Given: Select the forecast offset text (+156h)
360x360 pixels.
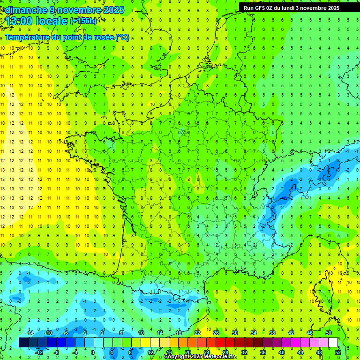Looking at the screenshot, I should [x=83, y=21].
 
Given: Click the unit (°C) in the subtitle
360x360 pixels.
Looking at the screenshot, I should [x=122, y=37].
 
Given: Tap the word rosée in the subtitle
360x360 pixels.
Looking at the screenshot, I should [x=100, y=37].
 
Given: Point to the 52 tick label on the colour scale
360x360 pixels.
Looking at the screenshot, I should [x=337, y=352].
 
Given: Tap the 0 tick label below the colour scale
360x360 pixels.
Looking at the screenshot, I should [x=93, y=352].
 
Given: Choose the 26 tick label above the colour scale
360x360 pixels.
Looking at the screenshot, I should [x=216, y=332].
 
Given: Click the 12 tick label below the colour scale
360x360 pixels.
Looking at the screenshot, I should [x=150, y=352].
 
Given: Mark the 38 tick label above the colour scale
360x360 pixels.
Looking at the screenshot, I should [x=272, y=332].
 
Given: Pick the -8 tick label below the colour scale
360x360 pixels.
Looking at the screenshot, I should [x=57, y=352].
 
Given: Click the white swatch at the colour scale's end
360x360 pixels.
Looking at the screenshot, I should [x=333, y=343].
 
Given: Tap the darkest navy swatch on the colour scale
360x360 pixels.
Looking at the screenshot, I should [x=23, y=343].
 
